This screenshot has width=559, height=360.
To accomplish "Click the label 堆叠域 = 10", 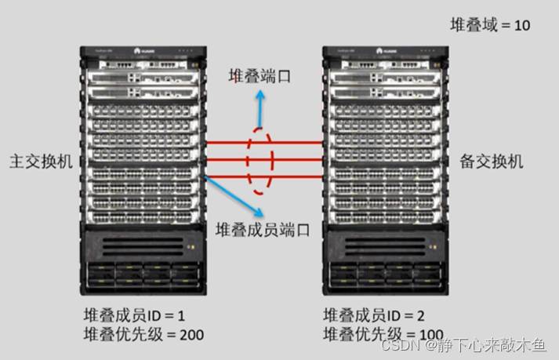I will (x=490, y=25).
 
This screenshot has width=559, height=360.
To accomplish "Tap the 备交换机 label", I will (x=491, y=162).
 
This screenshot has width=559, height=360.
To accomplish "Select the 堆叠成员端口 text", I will (x=263, y=229).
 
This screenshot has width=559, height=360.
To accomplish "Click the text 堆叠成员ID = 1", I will (x=133, y=315).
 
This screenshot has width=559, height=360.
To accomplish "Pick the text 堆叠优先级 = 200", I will (x=143, y=335).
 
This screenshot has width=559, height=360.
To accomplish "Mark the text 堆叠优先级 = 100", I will (x=383, y=335).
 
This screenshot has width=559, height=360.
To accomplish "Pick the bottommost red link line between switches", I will (x=263, y=177).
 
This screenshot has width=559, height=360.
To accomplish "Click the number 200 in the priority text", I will (x=191, y=335).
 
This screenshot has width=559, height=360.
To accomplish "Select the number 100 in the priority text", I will (x=430, y=335).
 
